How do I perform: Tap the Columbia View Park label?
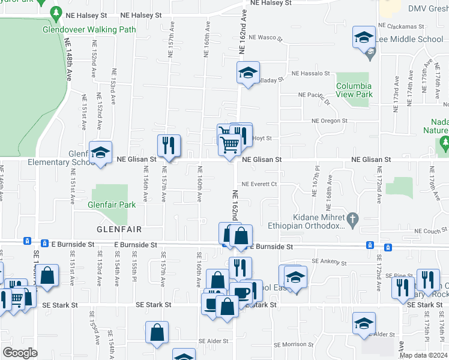pyautogui.click(x=354, y=90)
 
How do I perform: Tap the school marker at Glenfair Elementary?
pyautogui.click(x=100, y=153)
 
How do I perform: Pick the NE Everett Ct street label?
pyautogui.click(x=259, y=184)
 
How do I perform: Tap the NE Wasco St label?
pyautogui.click(x=266, y=37)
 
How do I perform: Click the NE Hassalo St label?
pyautogui.click(x=310, y=73)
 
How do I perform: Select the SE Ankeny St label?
pyautogui.click(x=329, y=262)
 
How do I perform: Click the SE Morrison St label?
pyautogui.click(x=294, y=344)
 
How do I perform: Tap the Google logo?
pyautogui.click(x=20, y=353)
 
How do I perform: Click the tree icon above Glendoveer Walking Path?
pyautogui.click(x=56, y=12)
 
